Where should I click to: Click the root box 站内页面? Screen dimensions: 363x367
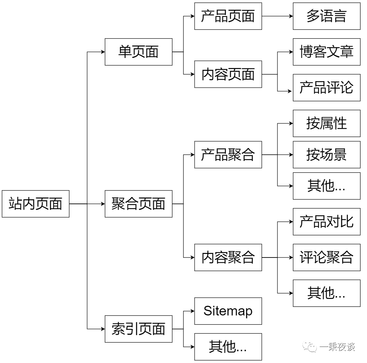pos(35,204)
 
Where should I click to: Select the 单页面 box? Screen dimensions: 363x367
pos(138,52)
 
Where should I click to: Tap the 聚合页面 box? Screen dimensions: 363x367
pos(138,204)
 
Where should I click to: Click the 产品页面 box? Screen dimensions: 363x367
pos(228,16)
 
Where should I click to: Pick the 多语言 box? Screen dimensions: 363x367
pos(327,16)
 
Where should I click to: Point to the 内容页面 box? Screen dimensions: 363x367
pos(228,74)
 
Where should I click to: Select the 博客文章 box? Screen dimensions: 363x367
pos(327,52)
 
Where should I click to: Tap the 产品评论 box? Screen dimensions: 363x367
pos(327,88)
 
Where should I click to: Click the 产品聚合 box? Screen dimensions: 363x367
pos(228,155)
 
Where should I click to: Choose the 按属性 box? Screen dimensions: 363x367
pos(327,123)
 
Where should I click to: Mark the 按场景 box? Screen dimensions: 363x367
pos(327,155)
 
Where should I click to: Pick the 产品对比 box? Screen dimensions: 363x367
pos(327,222)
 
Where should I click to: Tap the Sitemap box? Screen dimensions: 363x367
pos(228,311)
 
